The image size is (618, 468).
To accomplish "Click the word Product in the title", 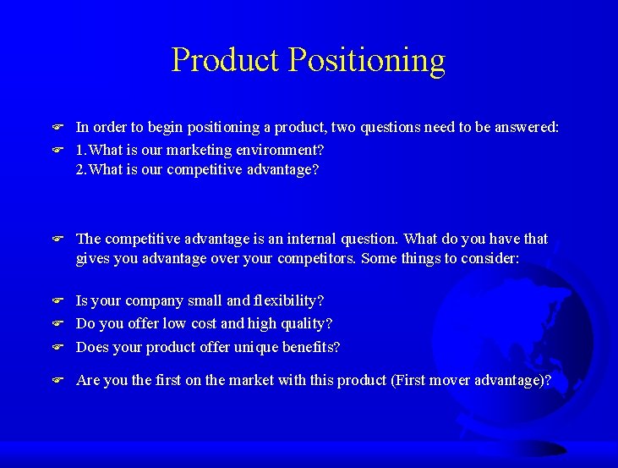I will point(225,61).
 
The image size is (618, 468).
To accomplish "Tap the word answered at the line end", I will point(524,128).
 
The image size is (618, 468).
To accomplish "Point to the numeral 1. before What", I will point(81,150).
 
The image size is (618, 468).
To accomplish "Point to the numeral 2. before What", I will point(81,169).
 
